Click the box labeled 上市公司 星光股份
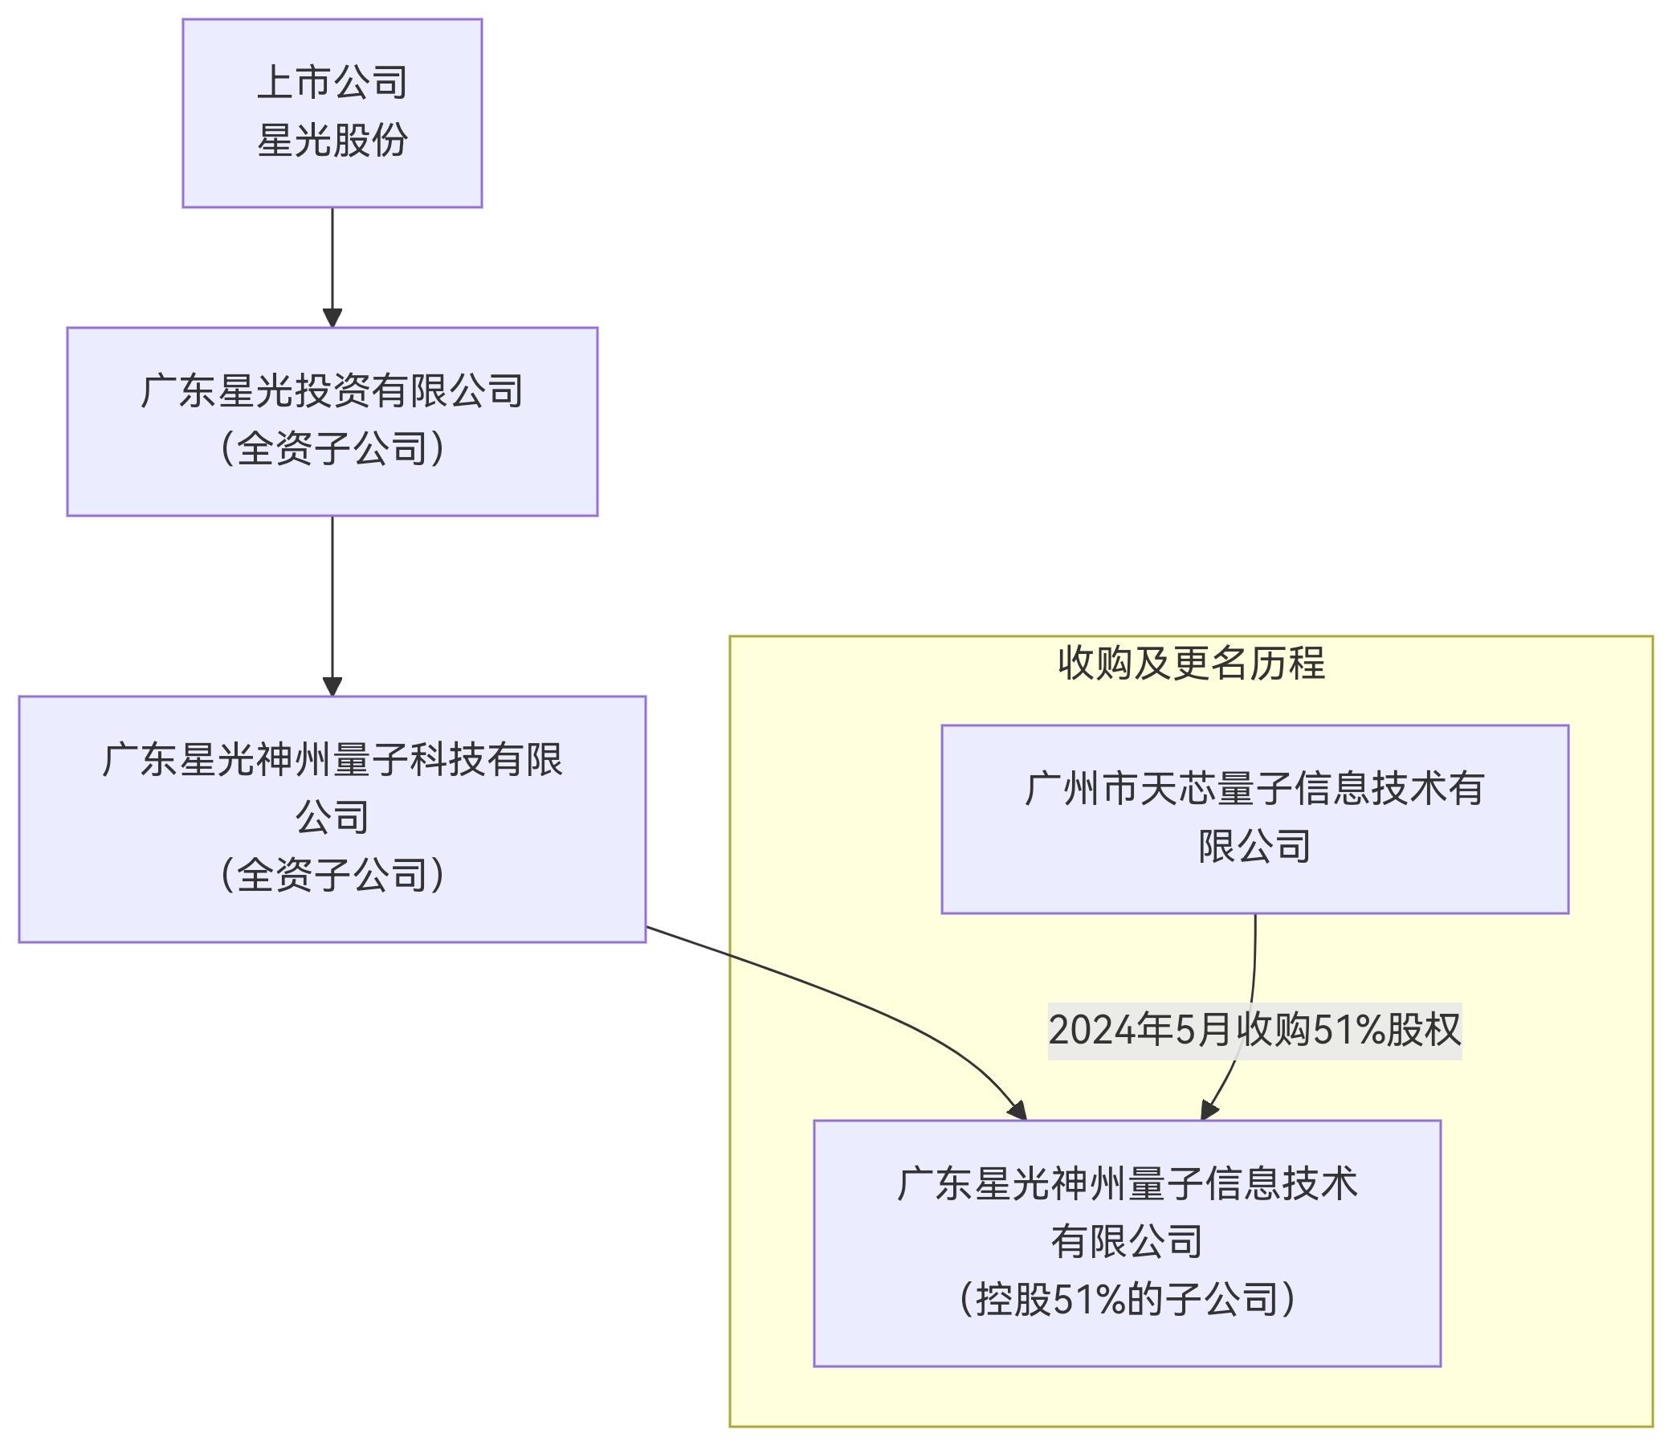332,113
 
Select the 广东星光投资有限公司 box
332,422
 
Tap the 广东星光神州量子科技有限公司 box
332,819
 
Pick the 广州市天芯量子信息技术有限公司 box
1254,819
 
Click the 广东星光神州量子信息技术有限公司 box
1127,1243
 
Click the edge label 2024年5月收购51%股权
1254,1030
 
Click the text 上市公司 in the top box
332,84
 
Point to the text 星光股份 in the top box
332,141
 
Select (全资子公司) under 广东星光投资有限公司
332,449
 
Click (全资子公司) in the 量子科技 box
332,875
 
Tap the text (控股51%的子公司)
1127,1299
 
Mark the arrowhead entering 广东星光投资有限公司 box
332,318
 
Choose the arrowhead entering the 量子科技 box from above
332,687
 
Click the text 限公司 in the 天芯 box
1254,846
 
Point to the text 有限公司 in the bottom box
1127,1242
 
